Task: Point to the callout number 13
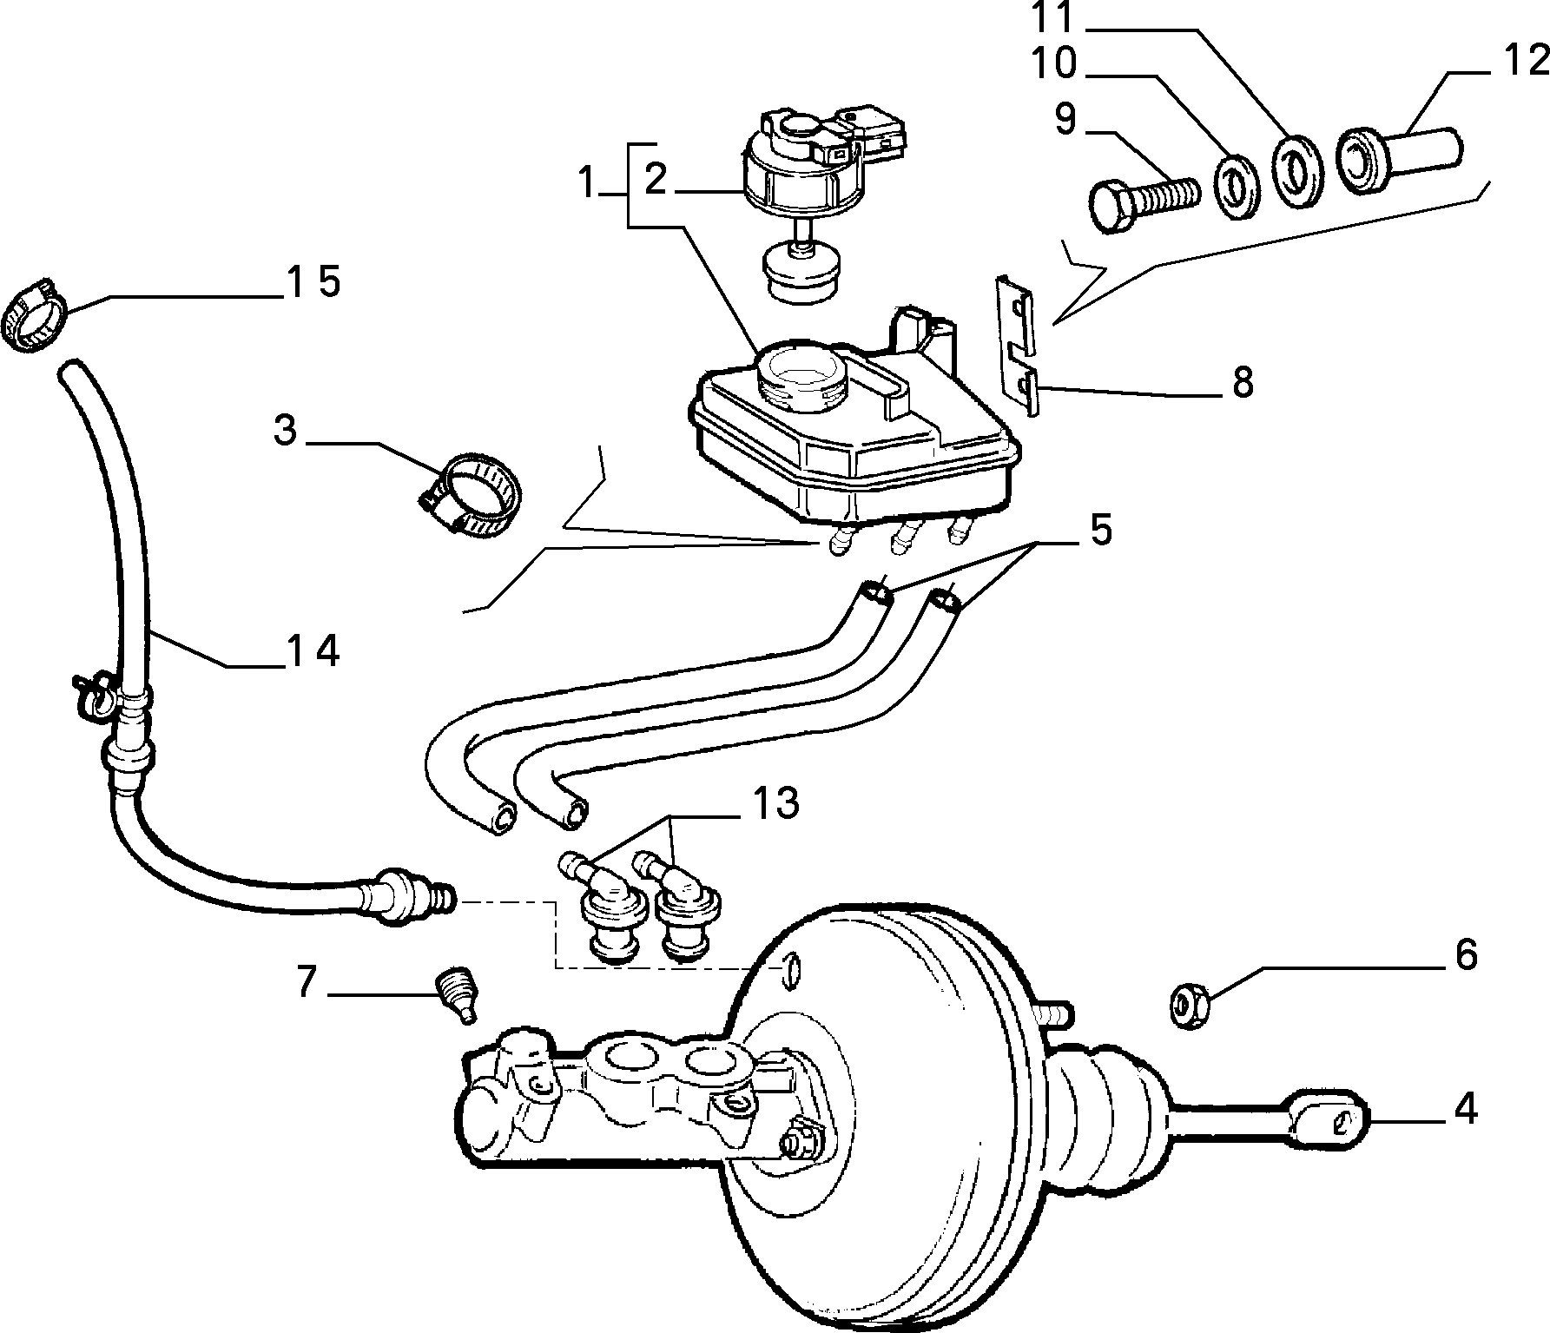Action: pyautogui.click(x=775, y=803)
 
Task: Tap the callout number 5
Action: pyautogui.click(x=1101, y=530)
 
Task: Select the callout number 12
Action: pyautogui.click(x=1525, y=62)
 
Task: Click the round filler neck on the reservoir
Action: pyautogui.click(x=799, y=377)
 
